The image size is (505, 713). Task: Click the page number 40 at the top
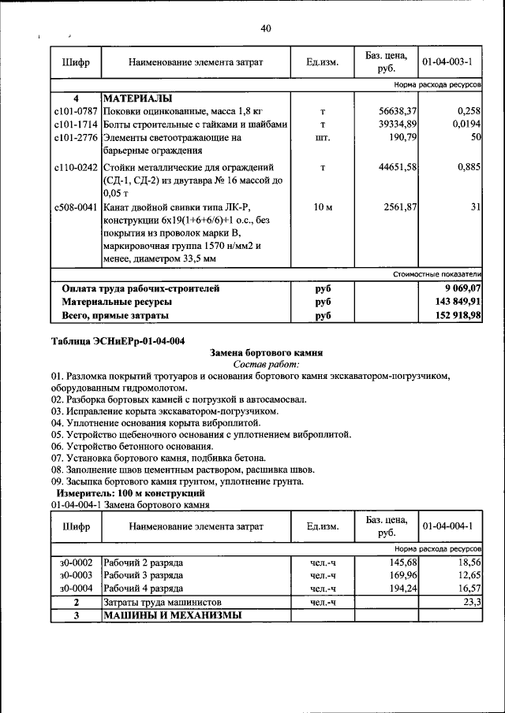265,29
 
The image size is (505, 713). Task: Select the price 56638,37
398,112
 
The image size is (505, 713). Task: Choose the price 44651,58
398,167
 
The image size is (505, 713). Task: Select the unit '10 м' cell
323,207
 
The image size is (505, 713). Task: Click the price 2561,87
401,207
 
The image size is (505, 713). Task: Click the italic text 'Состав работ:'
266,365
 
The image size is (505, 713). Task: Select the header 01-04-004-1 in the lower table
447,525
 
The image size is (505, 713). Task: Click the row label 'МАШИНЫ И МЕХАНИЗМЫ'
172,615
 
